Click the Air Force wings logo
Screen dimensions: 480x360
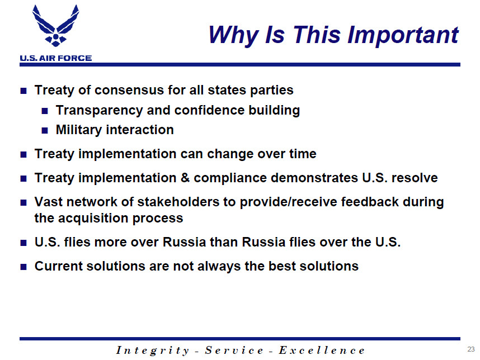click(x=56, y=26)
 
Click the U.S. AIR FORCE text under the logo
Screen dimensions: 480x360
click(x=56, y=58)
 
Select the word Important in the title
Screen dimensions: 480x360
click(x=403, y=35)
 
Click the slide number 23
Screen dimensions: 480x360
click(x=471, y=349)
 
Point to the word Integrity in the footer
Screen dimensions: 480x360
click(x=153, y=350)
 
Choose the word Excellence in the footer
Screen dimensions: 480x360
click(x=322, y=350)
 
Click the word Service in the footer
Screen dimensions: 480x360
click(x=234, y=350)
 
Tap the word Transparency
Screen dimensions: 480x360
click(x=100, y=111)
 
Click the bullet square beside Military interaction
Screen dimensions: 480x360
click(x=45, y=131)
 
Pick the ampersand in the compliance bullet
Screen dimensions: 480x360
click(x=185, y=178)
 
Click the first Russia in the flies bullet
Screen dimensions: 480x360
click(x=184, y=242)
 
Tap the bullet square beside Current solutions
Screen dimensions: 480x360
click(x=23, y=267)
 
